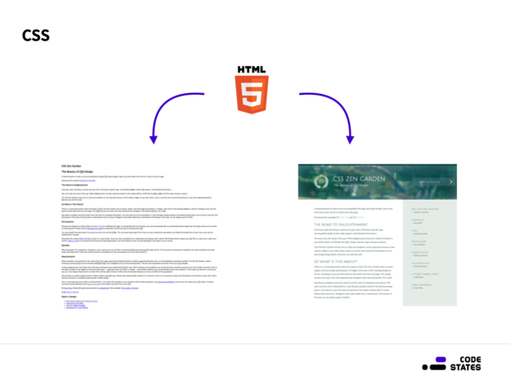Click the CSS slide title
point(36,35)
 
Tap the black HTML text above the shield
point(252,69)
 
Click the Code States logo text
point(465,363)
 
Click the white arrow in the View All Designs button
point(451,182)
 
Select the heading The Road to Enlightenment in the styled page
point(341,224)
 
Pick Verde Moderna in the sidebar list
point(421,285)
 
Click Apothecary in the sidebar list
point(420,242)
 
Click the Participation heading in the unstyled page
point(69,222)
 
